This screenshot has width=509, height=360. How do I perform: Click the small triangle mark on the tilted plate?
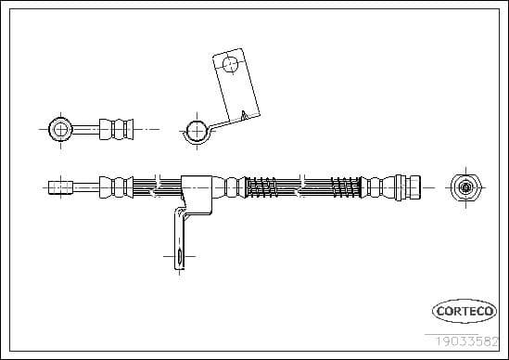(x=242, y=115)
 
